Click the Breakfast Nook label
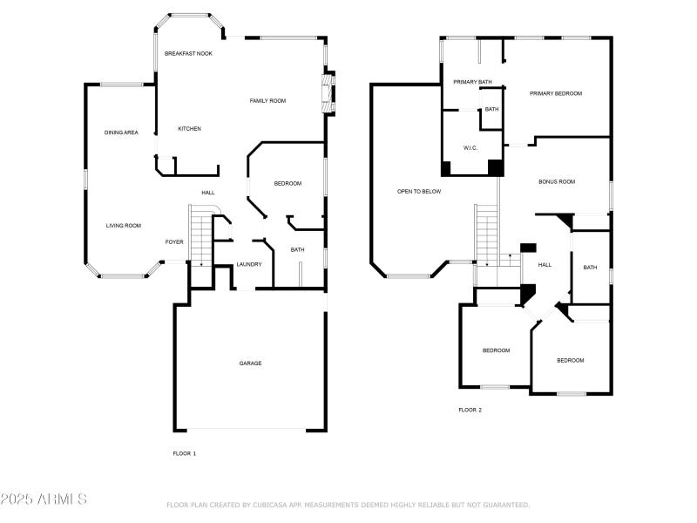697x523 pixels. (x=188, y=53)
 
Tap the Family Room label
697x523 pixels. (x=267, y=101)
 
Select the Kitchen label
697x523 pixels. (x=189, y=129)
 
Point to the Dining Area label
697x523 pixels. (x=121, y=132)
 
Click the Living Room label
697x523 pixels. (x=123, y=226)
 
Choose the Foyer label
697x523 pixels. (x=174, y=242)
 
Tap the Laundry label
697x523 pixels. (x=249, y=264)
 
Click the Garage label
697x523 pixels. (x=250, y=363)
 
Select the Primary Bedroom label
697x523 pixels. (x=555, y=93)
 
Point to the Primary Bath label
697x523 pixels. (x=472, y=82)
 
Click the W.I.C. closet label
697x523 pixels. (x=470, y=147)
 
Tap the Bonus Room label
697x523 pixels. (x=556, y=182)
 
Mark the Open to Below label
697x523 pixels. (x=418, y=191)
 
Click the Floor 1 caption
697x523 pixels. (x=184, y=453)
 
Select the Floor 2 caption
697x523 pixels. (x=470, y=410)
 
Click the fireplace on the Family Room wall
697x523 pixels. (x=328, y=94)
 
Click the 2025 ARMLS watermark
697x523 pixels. (x=44, y=499)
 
